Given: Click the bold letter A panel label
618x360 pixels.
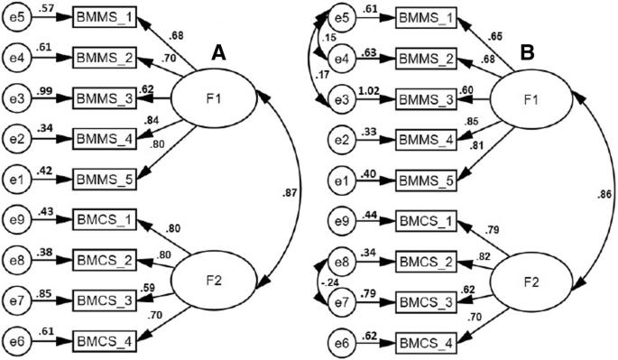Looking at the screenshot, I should point(217,54).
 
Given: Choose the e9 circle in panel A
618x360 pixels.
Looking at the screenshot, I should point(17,218).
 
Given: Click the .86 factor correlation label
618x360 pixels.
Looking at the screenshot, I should point(603,193).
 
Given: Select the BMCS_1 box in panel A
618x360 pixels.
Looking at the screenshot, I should point(104,218).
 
